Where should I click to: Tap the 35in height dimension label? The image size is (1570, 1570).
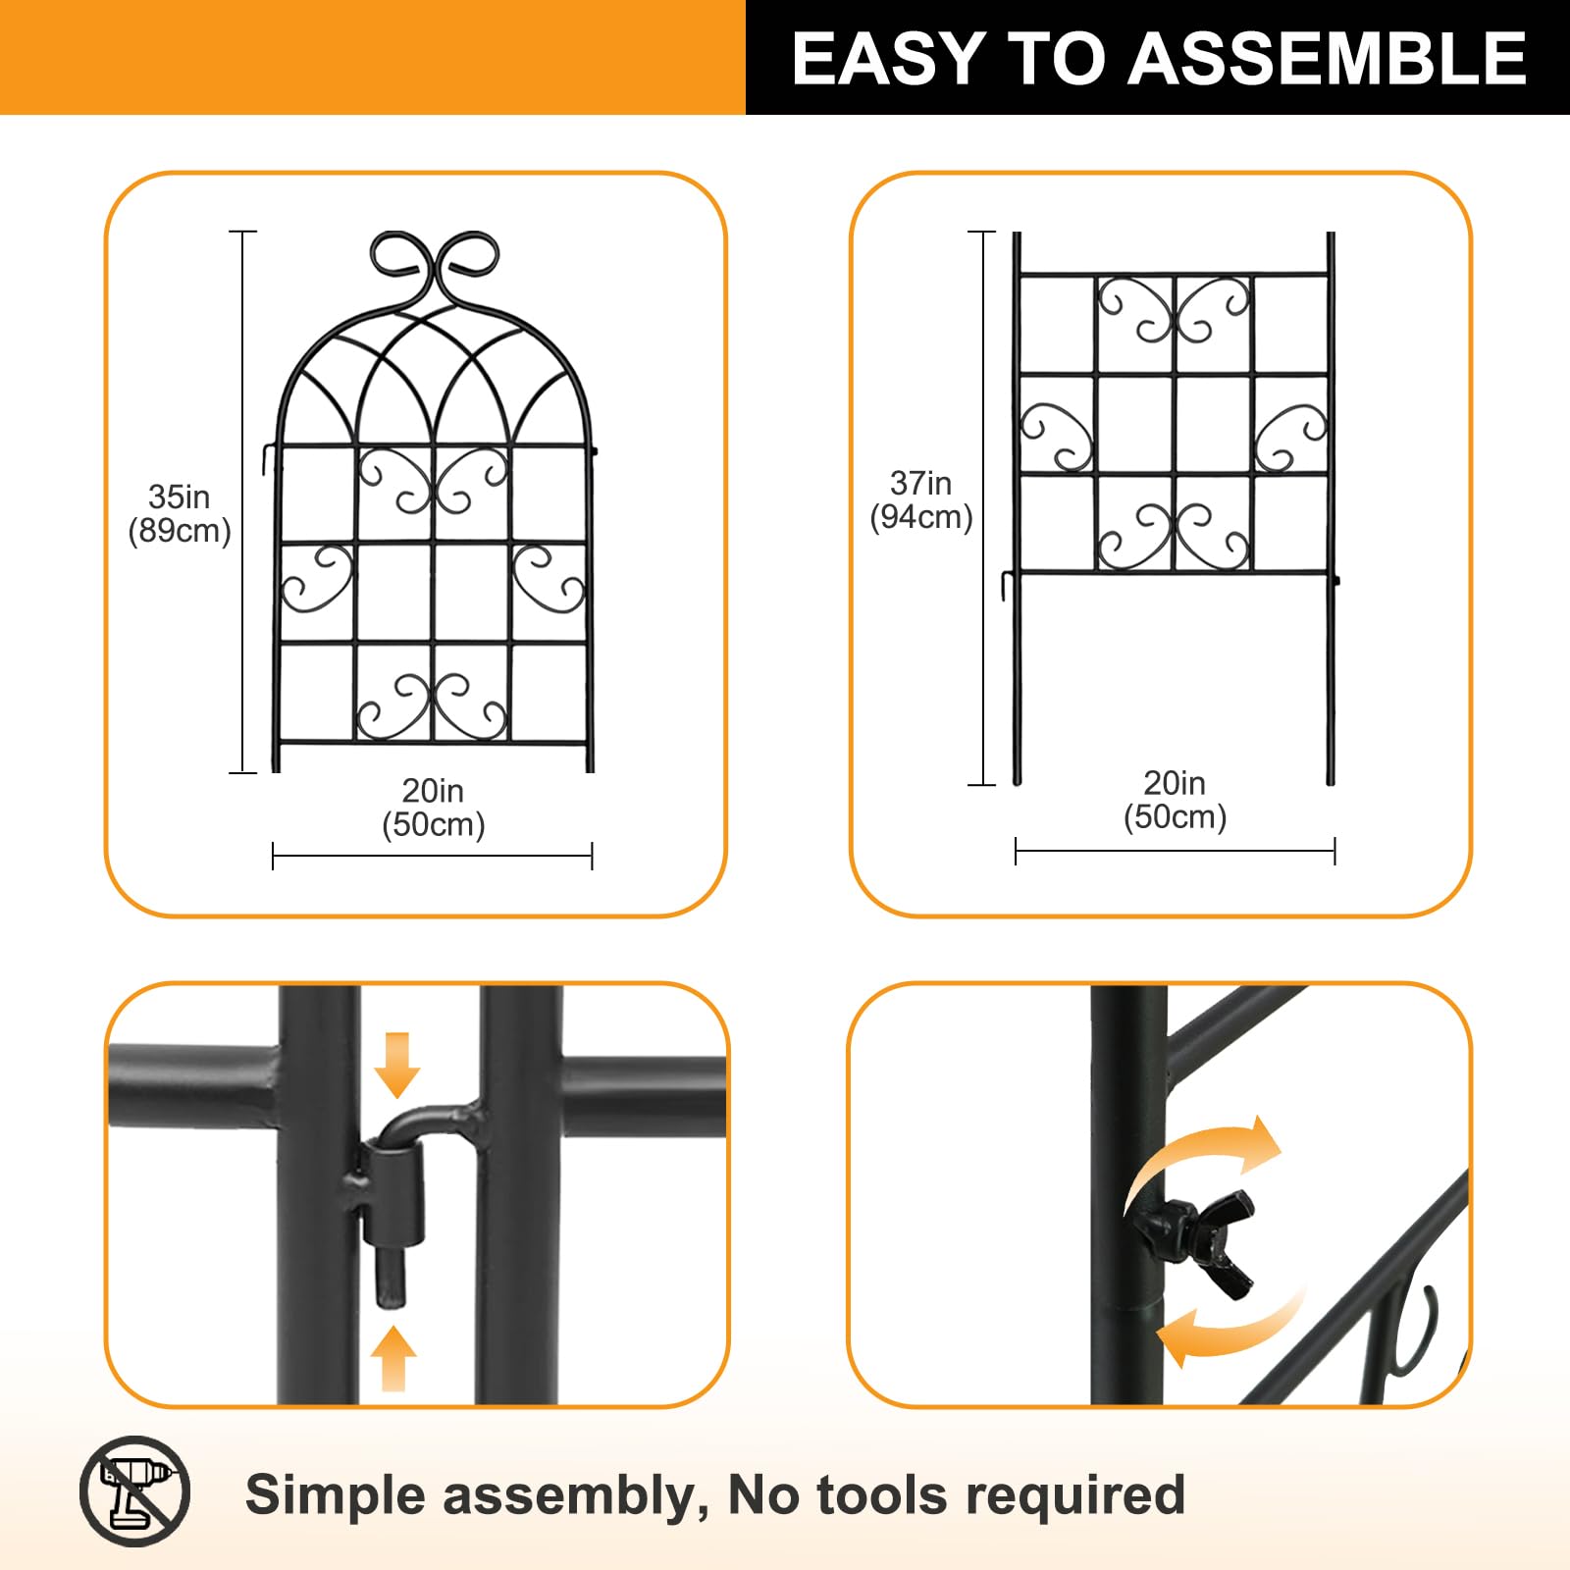click(x=179, y=497)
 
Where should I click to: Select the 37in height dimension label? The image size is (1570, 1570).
click(x=920, y=483)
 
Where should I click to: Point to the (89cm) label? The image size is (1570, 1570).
click(x=180, y=531)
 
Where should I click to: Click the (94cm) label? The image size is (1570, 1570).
click(x=921, y=517)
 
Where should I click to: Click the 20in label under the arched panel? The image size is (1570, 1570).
click(x=433, y=791)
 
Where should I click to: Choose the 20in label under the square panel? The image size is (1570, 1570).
click(x=1175, y=783)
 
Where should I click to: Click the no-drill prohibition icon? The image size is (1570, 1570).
click(x=134, y=1491)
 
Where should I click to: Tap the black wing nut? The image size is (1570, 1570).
click(x=1193, y=1239)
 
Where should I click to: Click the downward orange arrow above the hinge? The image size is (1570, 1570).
click(x=396, y=1065)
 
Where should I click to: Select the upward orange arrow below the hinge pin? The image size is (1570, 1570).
click(x=393, y=1358)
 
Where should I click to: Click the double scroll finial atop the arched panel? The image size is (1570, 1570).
click(x=435, y=265)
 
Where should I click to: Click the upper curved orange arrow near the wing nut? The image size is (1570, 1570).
click(x=1205, y=1156)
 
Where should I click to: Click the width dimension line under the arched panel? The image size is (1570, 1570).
click(x=433, y=856)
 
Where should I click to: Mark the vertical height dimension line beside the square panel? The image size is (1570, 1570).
click(x=981, y=508)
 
